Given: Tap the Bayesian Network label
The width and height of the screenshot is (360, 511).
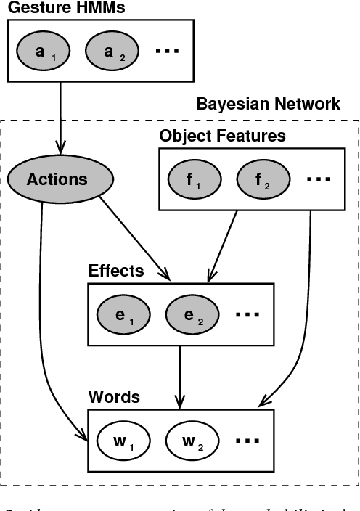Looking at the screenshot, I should point(268,104).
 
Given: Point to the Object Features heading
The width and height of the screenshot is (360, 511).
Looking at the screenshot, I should point(222,136).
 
